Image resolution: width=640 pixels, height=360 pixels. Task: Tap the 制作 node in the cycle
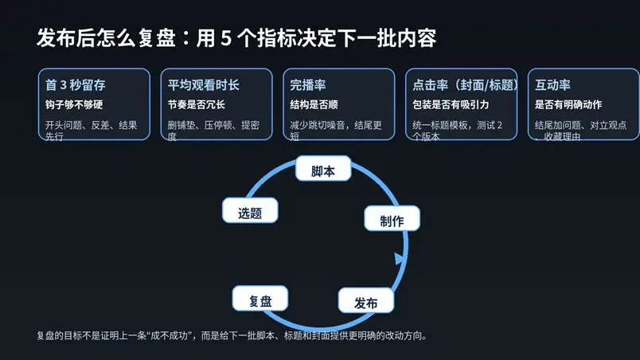click(x=392, y=219)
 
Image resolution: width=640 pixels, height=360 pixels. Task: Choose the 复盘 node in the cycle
click(x=260, y=299)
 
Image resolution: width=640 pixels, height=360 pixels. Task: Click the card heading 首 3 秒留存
click(x=76, y=84)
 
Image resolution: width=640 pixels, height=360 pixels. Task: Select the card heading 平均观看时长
click(x=203, y=84)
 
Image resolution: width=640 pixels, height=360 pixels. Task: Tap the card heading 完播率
click(x=308, y=84)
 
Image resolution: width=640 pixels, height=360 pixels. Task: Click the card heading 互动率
click(x=552, y=84)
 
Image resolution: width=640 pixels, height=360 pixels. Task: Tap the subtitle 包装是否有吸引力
click(x=451, y=104)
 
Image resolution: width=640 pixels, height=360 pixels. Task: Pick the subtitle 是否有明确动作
click(x=568, y=104)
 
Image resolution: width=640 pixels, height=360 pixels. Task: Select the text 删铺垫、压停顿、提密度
click(x=213, y=125)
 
